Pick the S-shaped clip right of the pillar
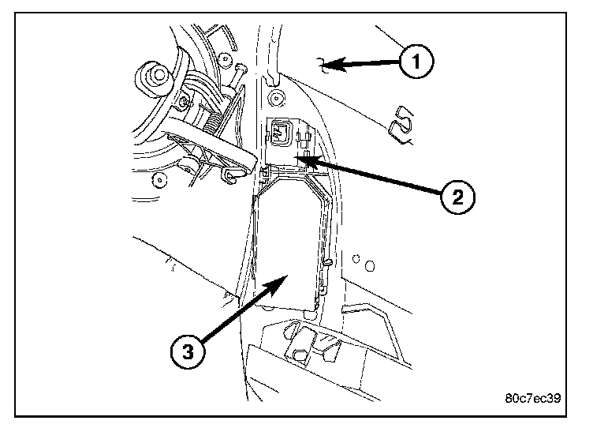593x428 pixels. point(404,123)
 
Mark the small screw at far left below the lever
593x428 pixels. point(162,180)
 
